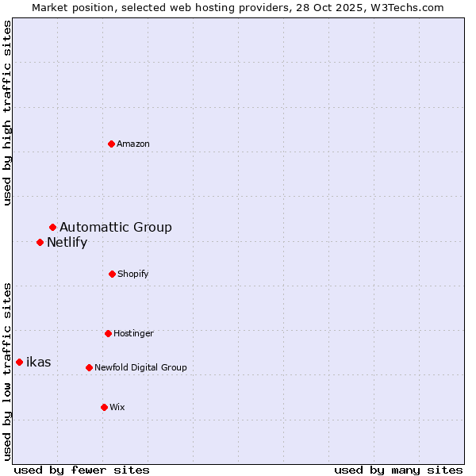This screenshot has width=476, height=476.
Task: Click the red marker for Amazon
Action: (112, 144)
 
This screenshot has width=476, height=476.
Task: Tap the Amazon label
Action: (133, 144)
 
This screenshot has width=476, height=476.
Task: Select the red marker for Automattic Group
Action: (53, 228)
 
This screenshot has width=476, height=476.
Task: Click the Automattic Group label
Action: (116, 228)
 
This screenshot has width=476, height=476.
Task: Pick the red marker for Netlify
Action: (40, 242)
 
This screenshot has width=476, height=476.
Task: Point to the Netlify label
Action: (67, 243)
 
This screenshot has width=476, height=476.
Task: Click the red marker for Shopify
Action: (112, 274)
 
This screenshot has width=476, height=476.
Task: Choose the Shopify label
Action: (133, 274)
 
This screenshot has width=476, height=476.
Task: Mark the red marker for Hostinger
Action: (108, 333)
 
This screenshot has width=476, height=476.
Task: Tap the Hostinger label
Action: (133, 334)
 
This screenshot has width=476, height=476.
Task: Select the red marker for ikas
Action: (19, 362)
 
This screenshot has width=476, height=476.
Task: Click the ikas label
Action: (39, 363)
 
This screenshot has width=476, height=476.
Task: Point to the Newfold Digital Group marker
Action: (89, 367)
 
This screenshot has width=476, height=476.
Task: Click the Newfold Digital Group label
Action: (140, 368)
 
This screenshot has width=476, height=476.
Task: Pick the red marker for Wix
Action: (104, 407)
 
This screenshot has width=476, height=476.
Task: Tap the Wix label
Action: (117, 408)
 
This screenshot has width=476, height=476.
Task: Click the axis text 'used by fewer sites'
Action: (82, 470)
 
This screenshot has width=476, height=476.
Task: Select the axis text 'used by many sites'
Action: (398, 470)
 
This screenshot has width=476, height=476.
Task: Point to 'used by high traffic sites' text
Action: (8, 113)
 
